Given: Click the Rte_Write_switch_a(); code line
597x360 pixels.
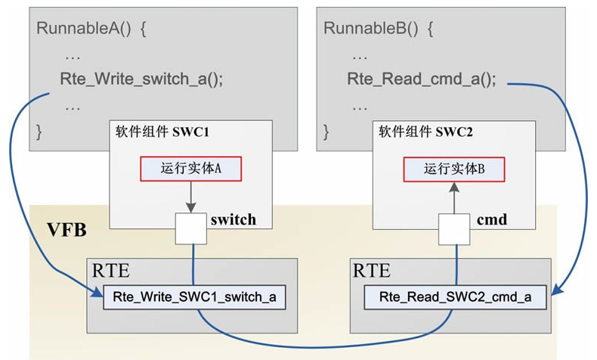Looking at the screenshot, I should (141, 79).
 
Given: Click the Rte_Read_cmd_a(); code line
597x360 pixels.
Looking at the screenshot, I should (422, 79).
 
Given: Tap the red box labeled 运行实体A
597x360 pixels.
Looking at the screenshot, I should (190, 169).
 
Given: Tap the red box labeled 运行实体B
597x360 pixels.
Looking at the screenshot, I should (453, 169).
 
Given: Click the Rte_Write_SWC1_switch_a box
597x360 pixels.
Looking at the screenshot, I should (194, 297).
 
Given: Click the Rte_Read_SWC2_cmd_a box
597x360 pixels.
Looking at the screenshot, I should (455, 297).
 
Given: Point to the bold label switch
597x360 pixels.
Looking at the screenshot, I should (233, 220).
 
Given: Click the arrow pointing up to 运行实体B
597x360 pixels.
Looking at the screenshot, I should (454, 197).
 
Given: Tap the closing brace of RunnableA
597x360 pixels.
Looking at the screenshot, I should (40, 132).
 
